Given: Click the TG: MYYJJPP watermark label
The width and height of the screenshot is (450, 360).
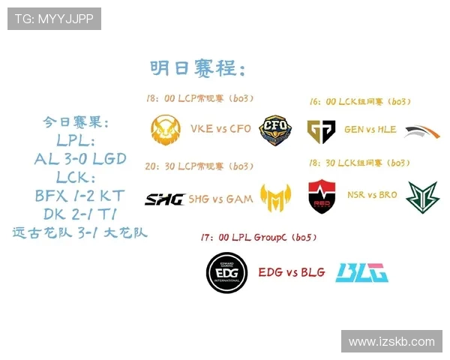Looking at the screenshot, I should (54, 19).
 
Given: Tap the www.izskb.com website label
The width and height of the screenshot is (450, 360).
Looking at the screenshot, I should (391, 341).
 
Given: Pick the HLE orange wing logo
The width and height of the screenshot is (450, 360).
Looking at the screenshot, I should (421, 132).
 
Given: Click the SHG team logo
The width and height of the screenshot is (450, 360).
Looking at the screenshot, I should (165, 199).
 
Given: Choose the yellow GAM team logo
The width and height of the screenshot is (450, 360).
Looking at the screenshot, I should (275, 197).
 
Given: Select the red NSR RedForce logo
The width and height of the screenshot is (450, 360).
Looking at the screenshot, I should (322, 196).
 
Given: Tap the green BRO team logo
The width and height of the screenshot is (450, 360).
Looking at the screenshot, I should (421, 197).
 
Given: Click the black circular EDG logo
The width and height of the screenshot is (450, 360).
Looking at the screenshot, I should (227, 272).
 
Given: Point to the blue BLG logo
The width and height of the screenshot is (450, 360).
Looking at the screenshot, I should (361, 272).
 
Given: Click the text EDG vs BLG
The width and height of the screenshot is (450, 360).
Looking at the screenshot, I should (292, 272).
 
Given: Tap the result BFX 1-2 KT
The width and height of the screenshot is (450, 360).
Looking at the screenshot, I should (79, 196).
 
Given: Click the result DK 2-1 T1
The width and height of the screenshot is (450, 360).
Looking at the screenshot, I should (79, 214).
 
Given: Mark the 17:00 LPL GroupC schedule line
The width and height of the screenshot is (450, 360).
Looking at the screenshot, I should (259, 238).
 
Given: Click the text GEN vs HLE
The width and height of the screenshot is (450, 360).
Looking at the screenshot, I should (370, 130).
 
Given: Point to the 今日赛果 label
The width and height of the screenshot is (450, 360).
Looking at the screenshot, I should (76, 121).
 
